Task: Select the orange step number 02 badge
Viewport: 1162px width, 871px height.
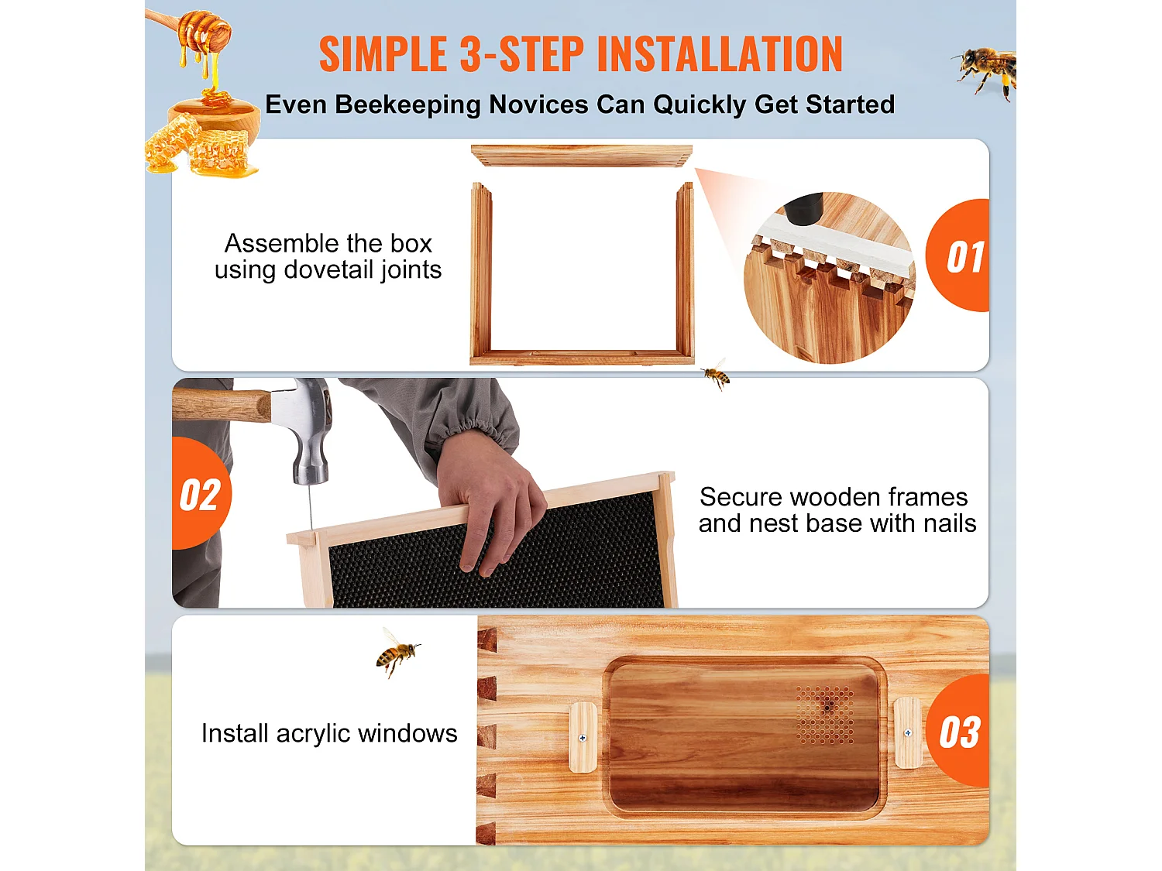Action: (200, 495)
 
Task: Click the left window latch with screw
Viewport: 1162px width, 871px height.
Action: (583, 737)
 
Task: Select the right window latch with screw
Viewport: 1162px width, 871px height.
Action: (907, 732)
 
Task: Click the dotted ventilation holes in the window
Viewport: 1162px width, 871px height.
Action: (826, 714)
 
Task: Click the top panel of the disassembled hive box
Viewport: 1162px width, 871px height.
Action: (581, 155)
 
